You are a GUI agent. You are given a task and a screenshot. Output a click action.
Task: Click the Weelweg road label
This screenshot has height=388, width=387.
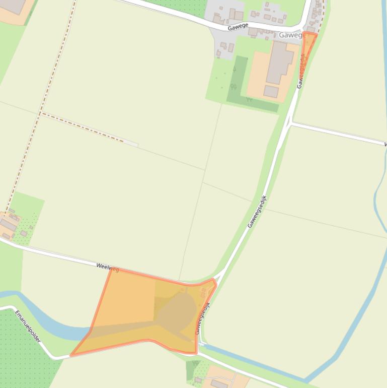[x=107, y=267]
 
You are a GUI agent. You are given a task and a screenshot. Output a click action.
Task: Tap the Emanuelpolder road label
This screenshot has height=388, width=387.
[x=28, y=327]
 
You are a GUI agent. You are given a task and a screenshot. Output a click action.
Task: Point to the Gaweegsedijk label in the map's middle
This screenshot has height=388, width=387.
[x=257, y=211]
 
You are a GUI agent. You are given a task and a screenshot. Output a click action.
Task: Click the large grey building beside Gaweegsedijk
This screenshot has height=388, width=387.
[x=280, y=62]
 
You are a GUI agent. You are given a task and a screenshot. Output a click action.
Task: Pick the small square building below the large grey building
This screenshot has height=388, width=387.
[x=271, y=92]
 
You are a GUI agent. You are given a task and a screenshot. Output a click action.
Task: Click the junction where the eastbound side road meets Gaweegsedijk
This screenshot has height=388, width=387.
[x=290, y=123]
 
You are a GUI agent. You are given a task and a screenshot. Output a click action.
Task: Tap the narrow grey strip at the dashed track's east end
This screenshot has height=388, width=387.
[x=131, y=144]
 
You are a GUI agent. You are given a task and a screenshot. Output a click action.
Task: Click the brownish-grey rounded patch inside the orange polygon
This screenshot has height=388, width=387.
[x=181, y=310]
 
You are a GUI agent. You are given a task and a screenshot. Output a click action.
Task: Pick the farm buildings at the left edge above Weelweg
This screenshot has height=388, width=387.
[x=10, y=223]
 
